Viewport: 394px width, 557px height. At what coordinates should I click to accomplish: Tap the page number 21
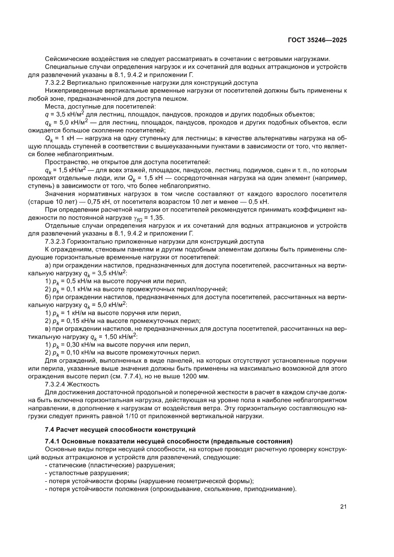click(x=343, y=506)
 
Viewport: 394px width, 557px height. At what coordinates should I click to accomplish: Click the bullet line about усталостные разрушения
click(x=87, y=473)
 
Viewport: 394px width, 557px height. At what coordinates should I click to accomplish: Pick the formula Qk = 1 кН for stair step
click(x=60, y=138)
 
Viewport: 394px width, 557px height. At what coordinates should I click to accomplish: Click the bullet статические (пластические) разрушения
click(x=110, y=465)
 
